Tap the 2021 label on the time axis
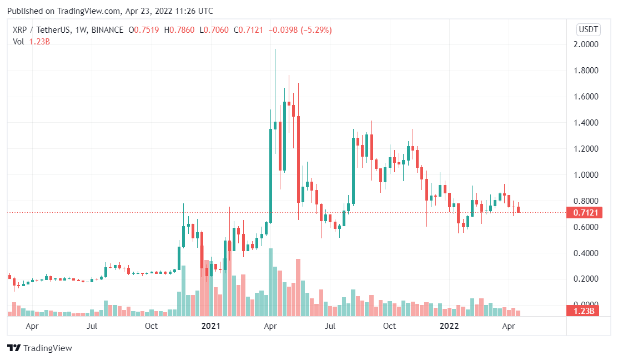211,326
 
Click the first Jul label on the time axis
92,326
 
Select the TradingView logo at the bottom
39,348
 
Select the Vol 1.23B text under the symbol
32,42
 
